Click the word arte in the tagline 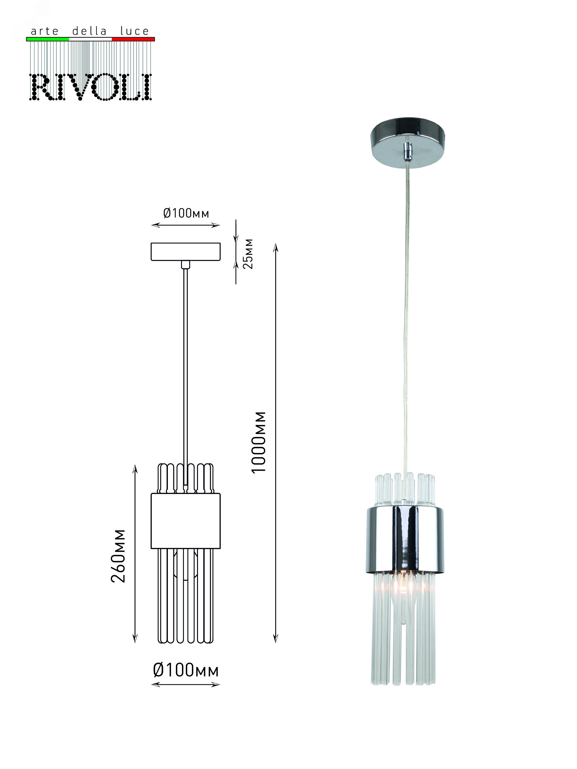coord(45,31)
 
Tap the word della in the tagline coord(89,31)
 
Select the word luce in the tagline coord(135,31)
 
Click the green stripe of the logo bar coord(48,39)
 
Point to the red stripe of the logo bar coord(133,39)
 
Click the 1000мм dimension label coord(259,442)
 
